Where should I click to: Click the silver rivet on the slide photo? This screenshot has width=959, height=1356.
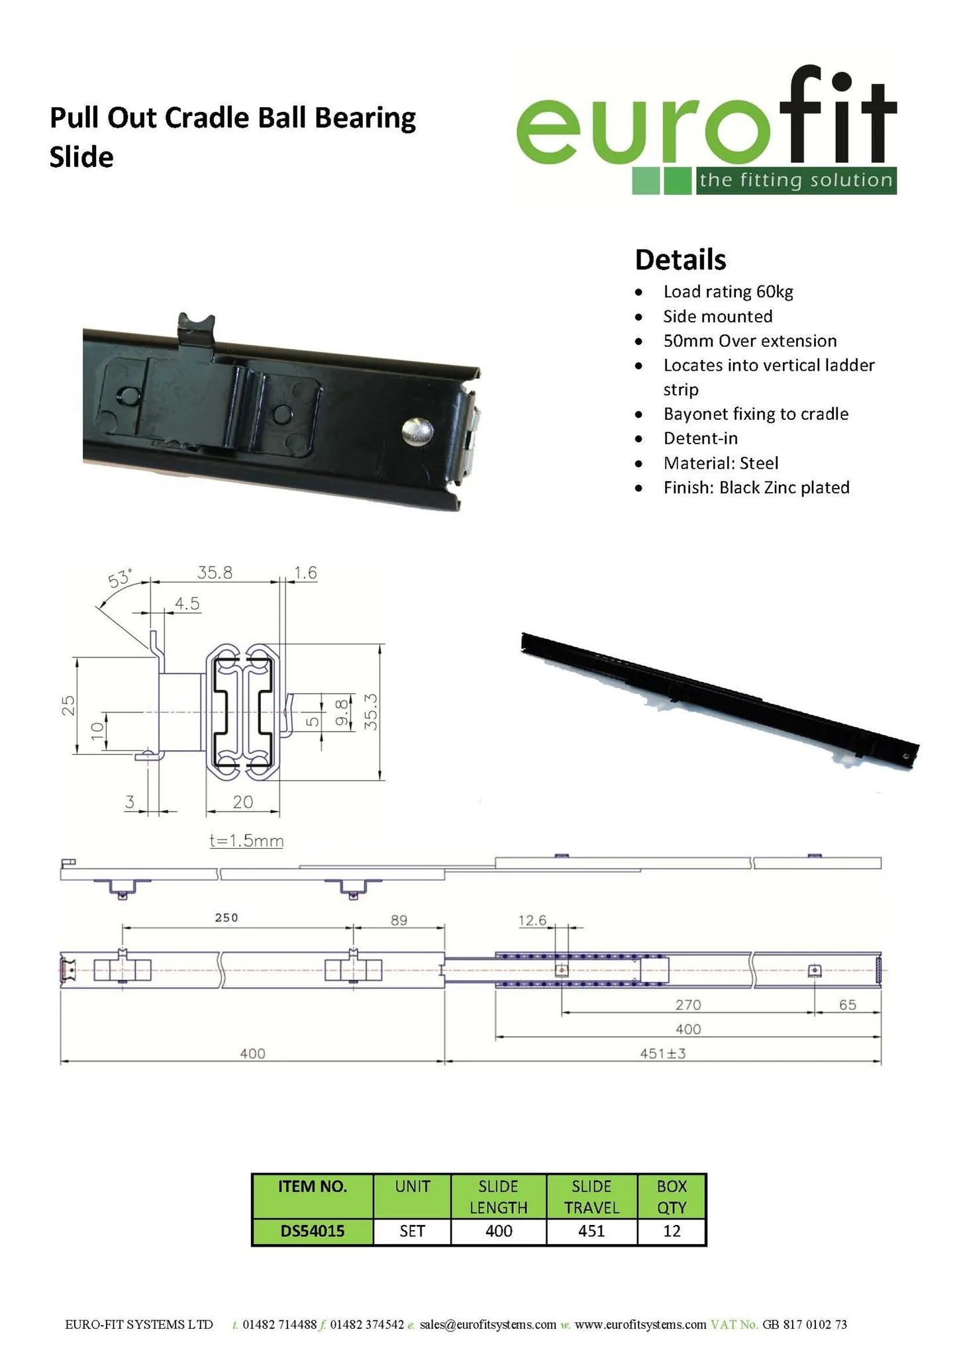(x=418, y=432)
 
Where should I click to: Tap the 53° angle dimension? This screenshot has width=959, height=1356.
(x=120, y=578)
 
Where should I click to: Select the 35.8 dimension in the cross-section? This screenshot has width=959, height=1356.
(x=215, y=573)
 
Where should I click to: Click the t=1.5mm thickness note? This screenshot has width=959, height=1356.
(x=246, y=841)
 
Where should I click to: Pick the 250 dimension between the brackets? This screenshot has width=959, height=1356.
(x=226, y=918)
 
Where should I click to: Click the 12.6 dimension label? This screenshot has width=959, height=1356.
(x=532, y=920)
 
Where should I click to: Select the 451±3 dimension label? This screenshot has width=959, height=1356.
(x=662, y=1053)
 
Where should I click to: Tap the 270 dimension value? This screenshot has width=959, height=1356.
(x=687, y=1004)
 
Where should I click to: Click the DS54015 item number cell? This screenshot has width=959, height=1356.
(x=313, y=1231)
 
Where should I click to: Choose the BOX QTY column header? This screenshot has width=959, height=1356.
(x=672, y=1196)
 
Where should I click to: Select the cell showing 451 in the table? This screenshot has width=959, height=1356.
(x=591, y=1231)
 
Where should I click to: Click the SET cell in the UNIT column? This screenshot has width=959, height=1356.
(x=412, y=1231)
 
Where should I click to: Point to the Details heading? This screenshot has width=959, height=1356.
(x=680, y=260)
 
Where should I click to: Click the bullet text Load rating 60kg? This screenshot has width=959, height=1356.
(x=728, y=292)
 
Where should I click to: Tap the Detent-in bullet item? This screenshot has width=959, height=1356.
(x=700, y=438)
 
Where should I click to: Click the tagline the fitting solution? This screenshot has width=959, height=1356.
(x=795, y=180)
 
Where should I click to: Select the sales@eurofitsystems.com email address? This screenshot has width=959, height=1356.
(x=487, y=1325)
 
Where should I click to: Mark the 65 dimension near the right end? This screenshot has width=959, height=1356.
(x=847, y=1004)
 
